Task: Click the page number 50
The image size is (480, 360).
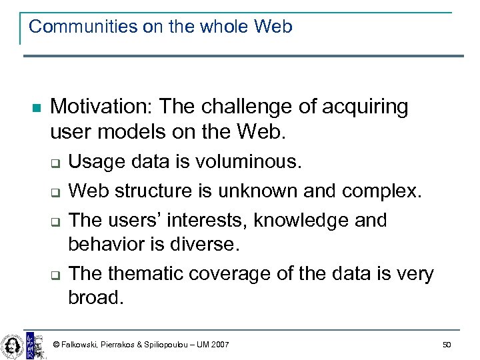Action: [446, 344]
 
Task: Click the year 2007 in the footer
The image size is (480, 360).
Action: [219, 345]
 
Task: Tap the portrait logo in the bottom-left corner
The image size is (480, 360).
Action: [11, 344]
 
